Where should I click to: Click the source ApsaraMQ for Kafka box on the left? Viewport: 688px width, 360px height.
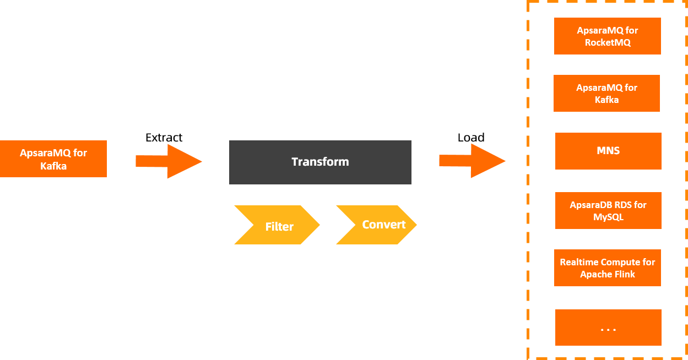(53, 159)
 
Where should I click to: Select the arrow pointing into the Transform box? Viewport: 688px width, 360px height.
(169, 161)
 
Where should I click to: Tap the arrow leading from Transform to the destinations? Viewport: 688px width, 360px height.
(472, 161)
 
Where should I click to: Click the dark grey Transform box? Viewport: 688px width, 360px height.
(320, 162)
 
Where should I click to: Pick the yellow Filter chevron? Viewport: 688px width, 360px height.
(277, 225)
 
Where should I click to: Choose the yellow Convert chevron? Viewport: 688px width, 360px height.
(377, 225)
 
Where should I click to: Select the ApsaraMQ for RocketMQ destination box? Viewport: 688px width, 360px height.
(607, 36)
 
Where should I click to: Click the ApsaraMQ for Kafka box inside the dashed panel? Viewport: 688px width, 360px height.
(606, 94)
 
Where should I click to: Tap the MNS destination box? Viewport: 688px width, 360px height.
(608, 151)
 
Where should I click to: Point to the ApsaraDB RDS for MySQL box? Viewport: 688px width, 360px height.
(608, 210)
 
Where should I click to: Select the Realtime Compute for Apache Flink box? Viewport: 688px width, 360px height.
(607, 268)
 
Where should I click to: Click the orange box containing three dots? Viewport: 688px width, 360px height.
(608, 328)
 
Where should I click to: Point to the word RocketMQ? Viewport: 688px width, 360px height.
(608, 42)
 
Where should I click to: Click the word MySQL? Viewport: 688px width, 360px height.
(608, 217)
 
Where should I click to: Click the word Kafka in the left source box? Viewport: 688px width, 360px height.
(53, 165)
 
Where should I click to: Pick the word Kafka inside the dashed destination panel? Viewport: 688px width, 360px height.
(606, 100)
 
